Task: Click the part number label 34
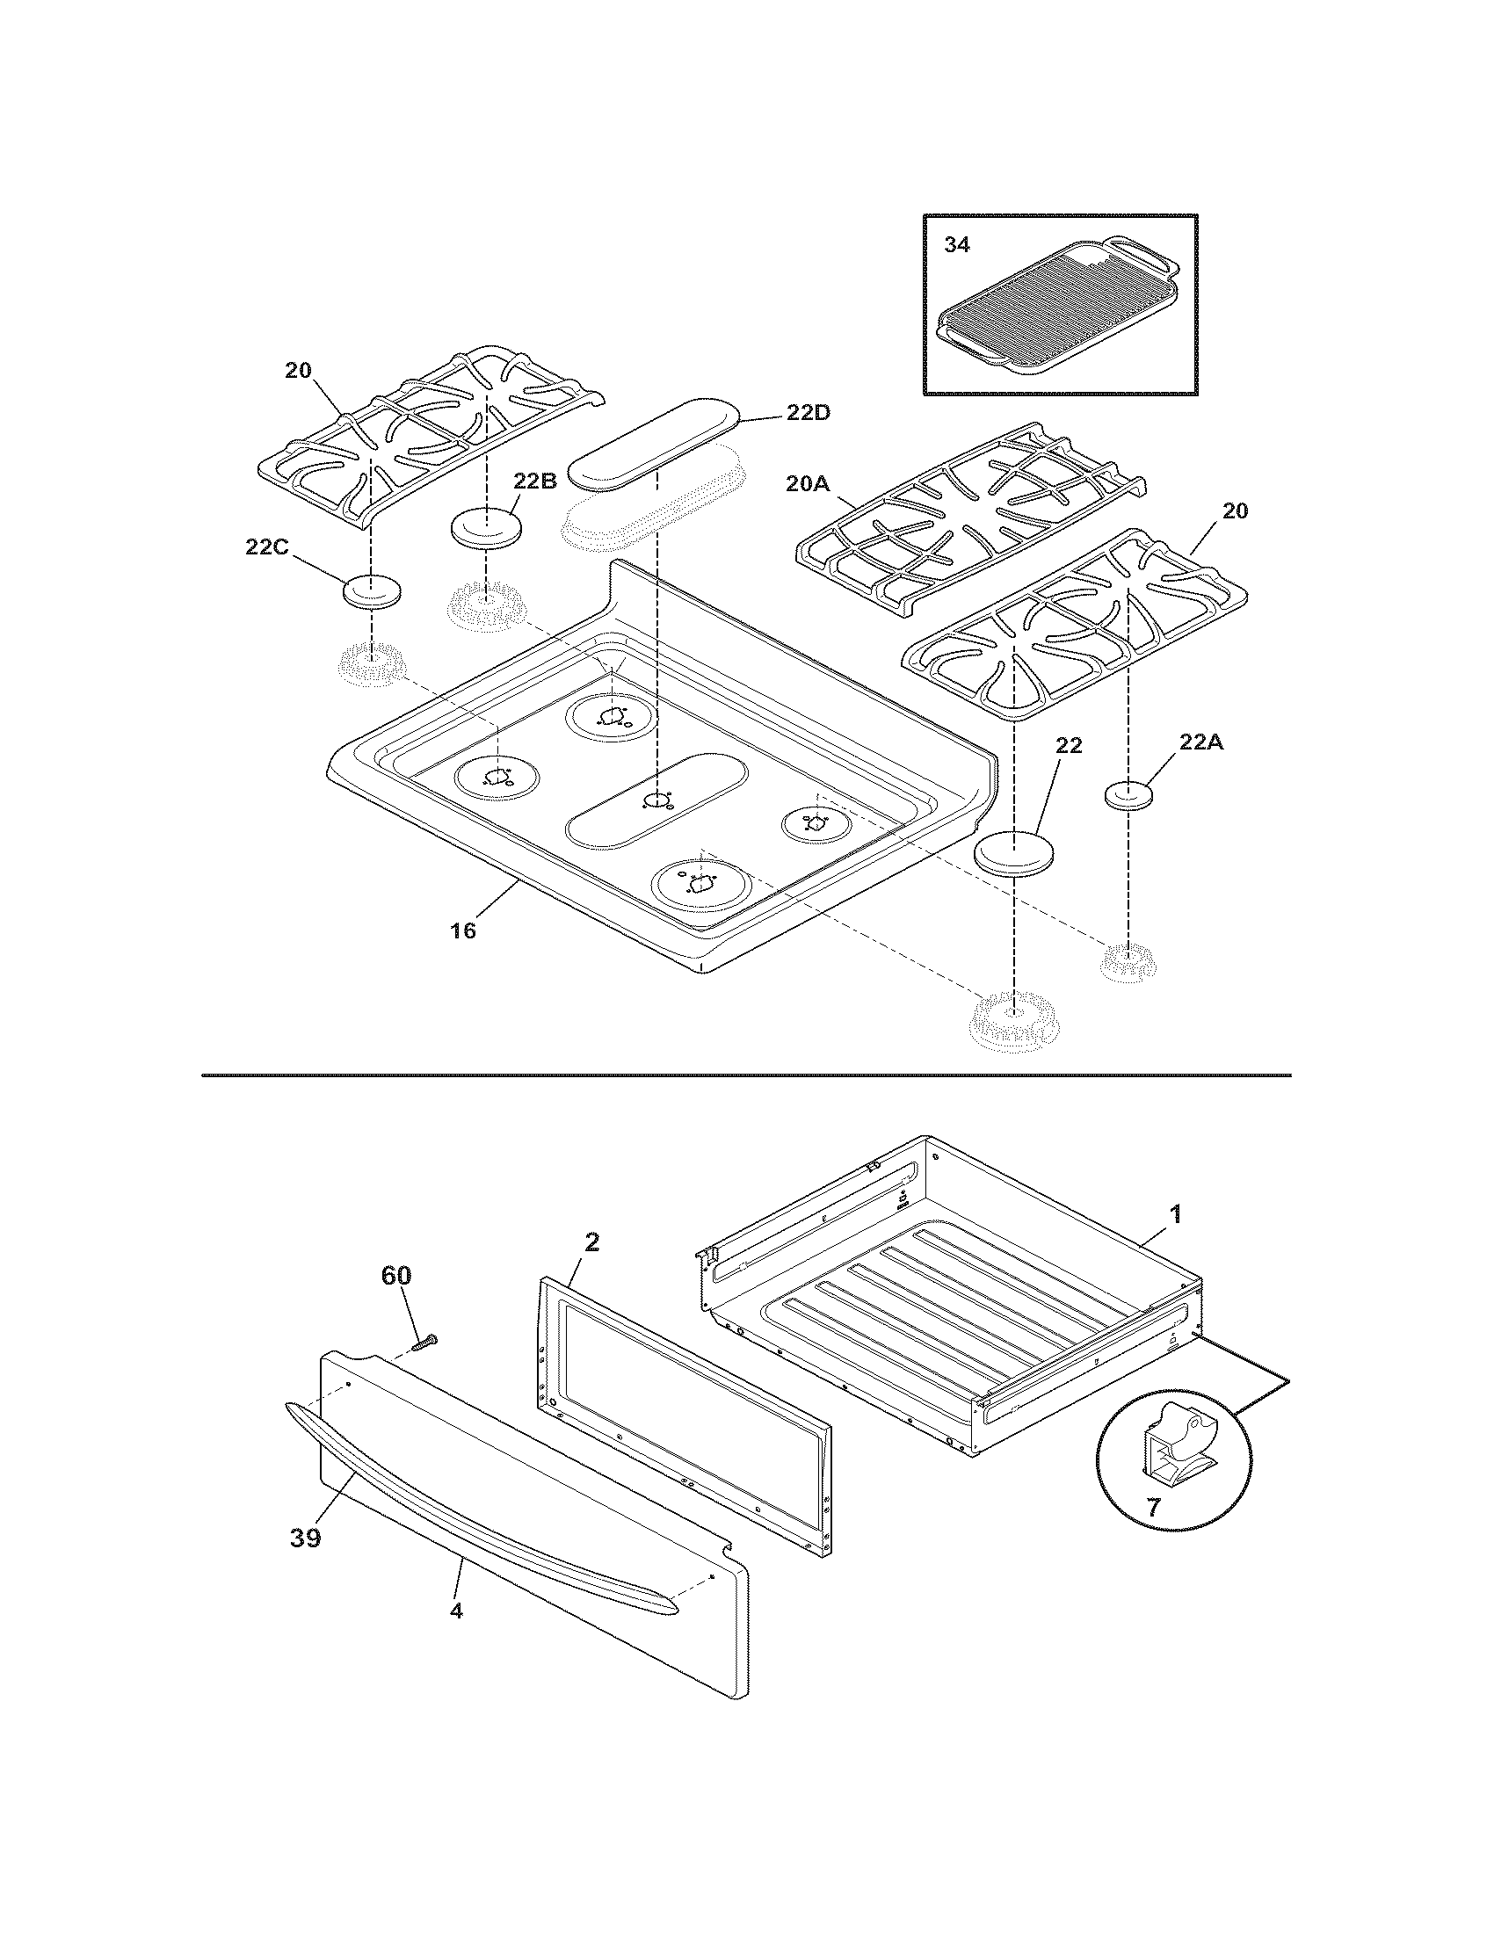click(956, 245)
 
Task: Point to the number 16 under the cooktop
click(463, 930)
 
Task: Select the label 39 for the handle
click(304, 1538)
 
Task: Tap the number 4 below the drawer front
click(456, 1611)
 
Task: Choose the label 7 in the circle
click(1153, 1506)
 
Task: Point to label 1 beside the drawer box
click(1175, 1214)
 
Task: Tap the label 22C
click(266, 548)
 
